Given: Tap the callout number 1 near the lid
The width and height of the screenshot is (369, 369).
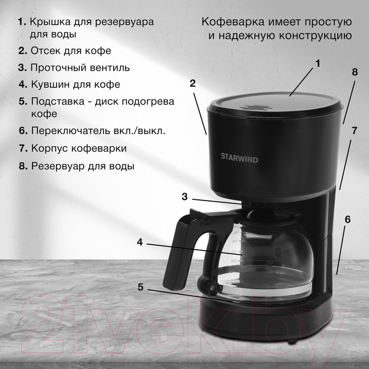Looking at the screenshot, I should (x=319, y=63).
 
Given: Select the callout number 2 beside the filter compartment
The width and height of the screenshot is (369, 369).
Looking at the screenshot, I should (x=192, y=83).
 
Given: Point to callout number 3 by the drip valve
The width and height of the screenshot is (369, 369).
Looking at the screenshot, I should (x=184, y=197).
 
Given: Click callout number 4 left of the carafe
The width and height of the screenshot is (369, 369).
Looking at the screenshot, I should (x=140, y=242).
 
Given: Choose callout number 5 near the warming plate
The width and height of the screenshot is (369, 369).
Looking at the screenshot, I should (x=140, y=287).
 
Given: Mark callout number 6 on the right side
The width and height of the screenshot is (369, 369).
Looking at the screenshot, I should (x=347, y=219).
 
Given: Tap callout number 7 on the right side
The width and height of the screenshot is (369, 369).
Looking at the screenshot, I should (x=354, y=130).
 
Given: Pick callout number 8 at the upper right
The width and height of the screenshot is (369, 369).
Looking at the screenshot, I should (x=354, y=72).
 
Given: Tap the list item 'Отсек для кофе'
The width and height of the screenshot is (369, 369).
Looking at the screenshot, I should (x=70, y=50).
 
